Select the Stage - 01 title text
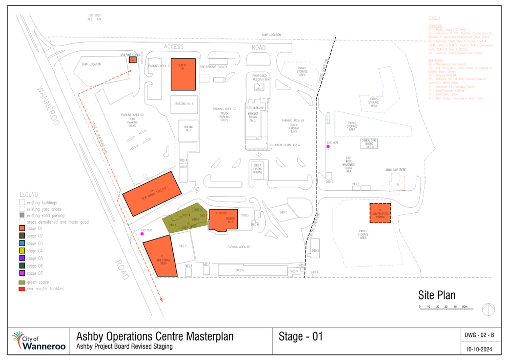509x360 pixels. pyautogui.click(x=301, y=336)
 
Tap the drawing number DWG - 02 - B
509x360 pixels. pyautogui.click(x=479, y=335)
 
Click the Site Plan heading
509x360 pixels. pyautogui.click(x=436, y=295)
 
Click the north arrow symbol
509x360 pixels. pyautogui.click(x=488, y=309)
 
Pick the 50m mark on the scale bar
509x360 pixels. pyautogui.click(x=465, y=306)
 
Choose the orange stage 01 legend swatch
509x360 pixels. pyautogui.click(x=22, y=228)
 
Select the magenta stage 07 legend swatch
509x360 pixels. pyautogui.click(x=22, y=273)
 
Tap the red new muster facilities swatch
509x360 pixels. pyautogui.click(x=22, y=289)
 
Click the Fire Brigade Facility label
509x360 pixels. pyautogui.click(x=213, y=67)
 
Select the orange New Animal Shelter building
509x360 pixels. pyautogui.click(x=152, y=194)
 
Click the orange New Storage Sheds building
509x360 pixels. pyautogui.click(x=161, y=256)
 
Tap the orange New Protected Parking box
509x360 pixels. pyautogui.click(x=380, y=213)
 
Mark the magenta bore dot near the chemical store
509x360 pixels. pyautogui.click(x=328, y=147)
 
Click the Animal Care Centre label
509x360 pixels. pyautogui.click(x=395, y=169)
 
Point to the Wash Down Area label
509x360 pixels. pyautogui.click(x=288, y=145)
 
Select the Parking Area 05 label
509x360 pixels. pyautogui.click(x=238, y=247)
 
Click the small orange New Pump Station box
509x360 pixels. pyautogui.click(x=132, y=59)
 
